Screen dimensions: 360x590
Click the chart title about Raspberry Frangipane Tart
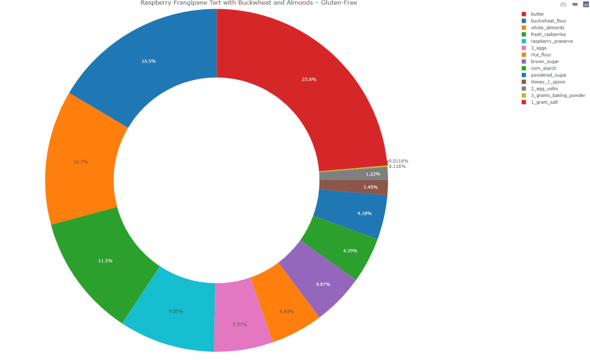point(248,3)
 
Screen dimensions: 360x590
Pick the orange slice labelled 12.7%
point(81,162)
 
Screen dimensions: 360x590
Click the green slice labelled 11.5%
point(105,261)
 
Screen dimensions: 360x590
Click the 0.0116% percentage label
point(398,161)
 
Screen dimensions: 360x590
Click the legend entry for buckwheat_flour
point(548,21)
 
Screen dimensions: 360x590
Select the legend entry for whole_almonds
point(547,28)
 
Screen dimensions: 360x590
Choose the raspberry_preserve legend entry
point(551,41)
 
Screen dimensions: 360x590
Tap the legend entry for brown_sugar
point(544,61)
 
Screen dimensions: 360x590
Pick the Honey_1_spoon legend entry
point(547,82)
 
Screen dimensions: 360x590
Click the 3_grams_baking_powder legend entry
point(558,95)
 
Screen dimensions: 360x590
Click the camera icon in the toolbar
point(563,4)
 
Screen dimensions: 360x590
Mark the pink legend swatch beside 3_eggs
point(524,48)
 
